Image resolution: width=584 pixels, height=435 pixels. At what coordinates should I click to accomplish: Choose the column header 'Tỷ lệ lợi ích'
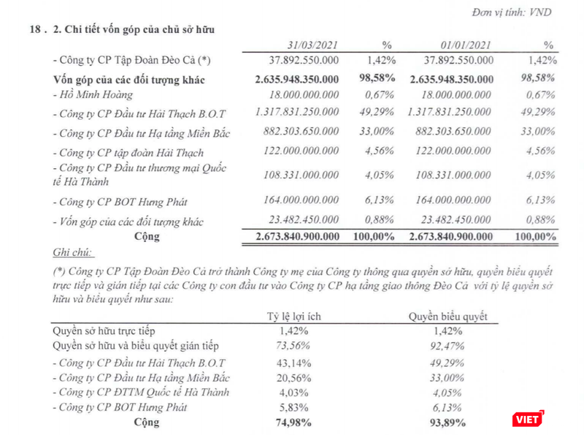(291, 316)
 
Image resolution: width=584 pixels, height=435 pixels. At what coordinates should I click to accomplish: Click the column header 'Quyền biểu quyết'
(447, 316)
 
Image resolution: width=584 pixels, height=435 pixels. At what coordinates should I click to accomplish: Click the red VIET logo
(525, 418)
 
